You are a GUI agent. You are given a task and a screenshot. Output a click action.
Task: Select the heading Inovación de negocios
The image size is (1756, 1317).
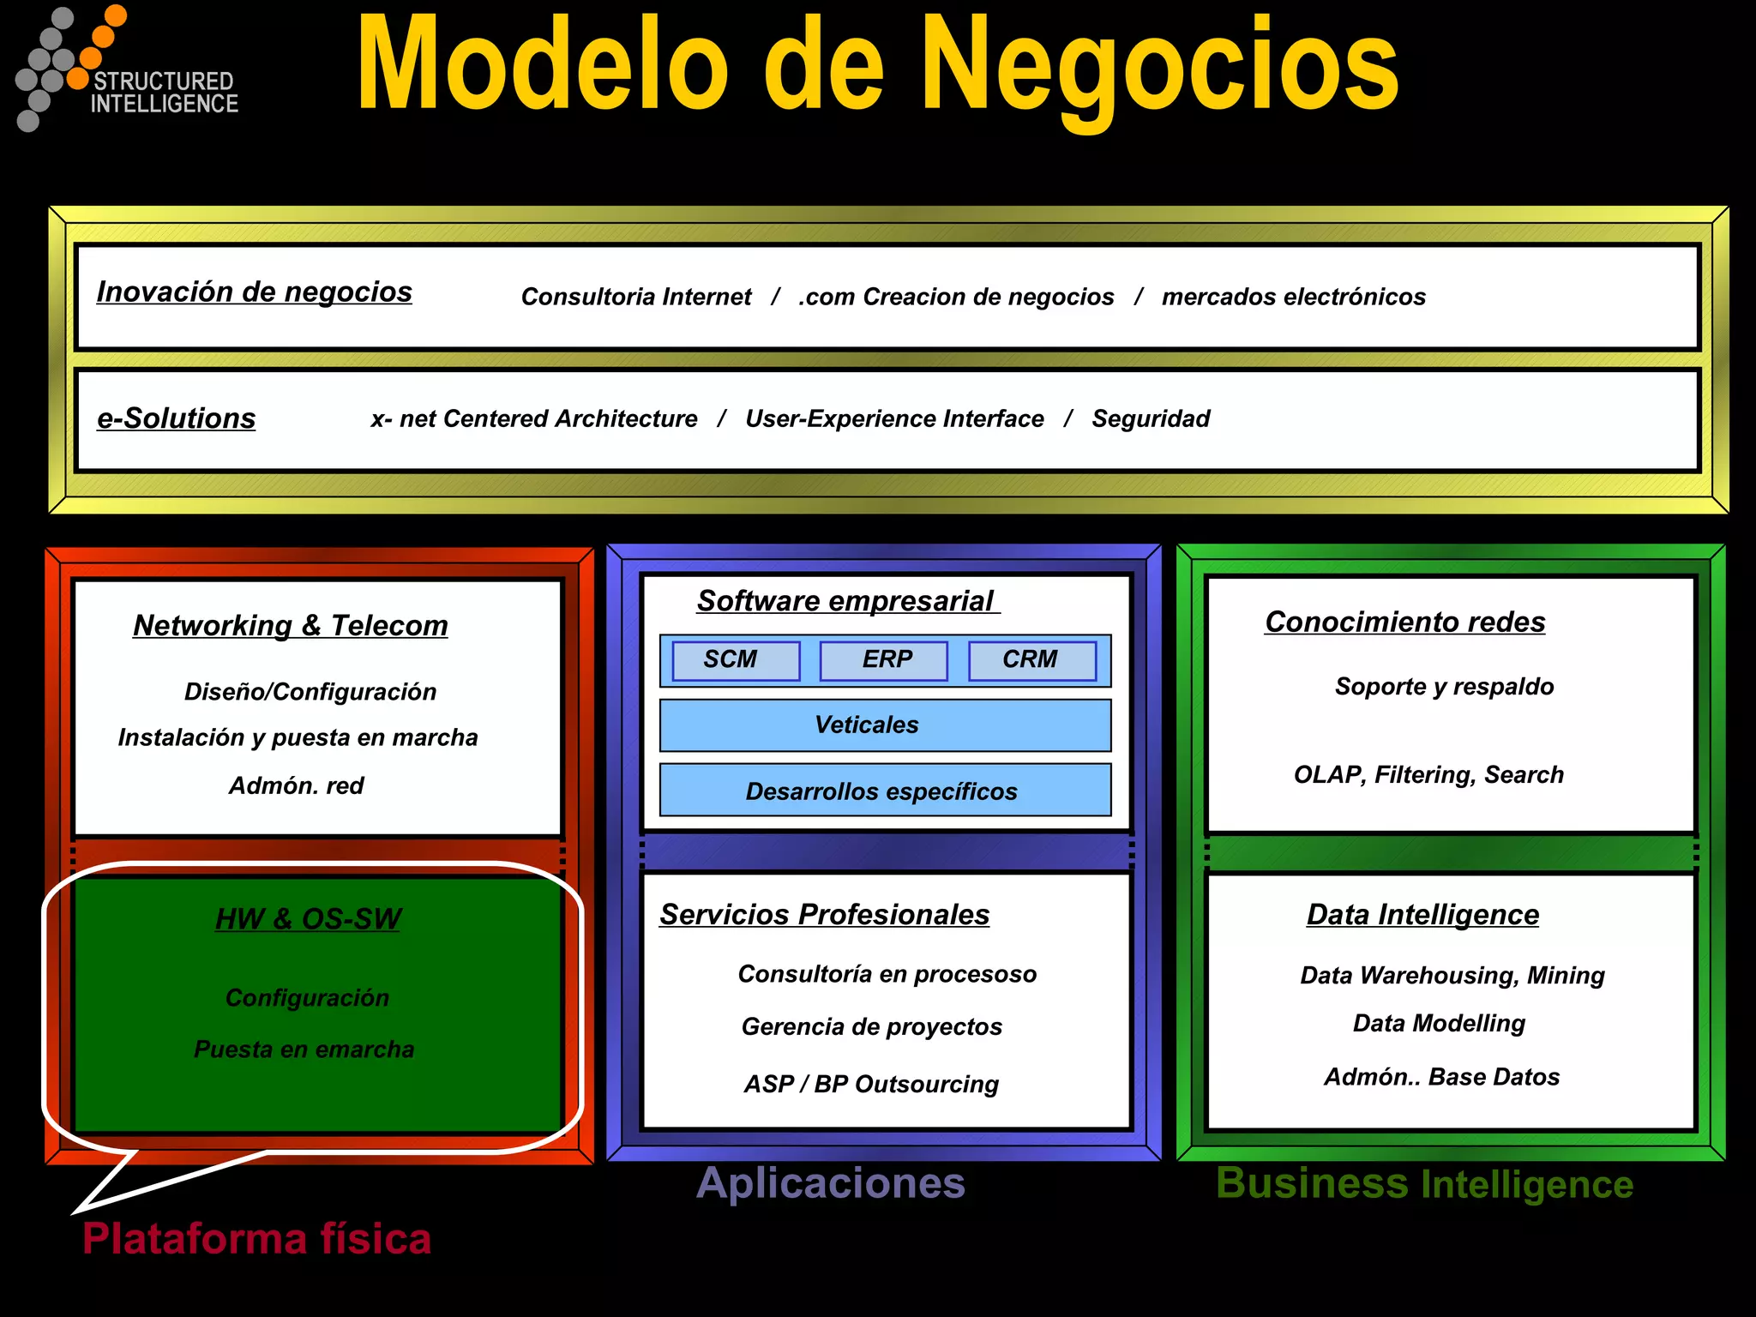254,292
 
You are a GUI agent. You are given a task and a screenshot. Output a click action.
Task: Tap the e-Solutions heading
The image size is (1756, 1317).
176,418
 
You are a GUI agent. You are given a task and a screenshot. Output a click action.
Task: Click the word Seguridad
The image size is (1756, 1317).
1151,419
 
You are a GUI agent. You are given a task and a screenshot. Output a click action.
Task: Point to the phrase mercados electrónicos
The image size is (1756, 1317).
1293,297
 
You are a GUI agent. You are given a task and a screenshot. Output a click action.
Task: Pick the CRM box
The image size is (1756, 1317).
1031,660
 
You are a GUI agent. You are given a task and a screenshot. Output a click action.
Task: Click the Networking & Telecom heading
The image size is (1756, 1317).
291,626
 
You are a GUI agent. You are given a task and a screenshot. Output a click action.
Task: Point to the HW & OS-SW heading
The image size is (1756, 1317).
308,919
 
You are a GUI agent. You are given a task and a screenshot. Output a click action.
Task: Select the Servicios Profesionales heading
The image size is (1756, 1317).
824,915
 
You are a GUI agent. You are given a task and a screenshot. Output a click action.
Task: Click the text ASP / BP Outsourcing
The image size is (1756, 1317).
871,1085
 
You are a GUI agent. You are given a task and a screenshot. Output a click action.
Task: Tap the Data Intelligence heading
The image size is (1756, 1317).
1422,915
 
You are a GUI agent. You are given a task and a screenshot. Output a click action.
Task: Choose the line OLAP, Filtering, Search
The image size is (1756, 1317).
1428,775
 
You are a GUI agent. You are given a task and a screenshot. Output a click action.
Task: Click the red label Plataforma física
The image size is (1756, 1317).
256,1239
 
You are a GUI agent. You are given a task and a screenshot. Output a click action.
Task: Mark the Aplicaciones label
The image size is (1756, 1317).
831,1183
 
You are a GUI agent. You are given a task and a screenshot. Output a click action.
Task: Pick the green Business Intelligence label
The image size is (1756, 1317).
1424,1184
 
